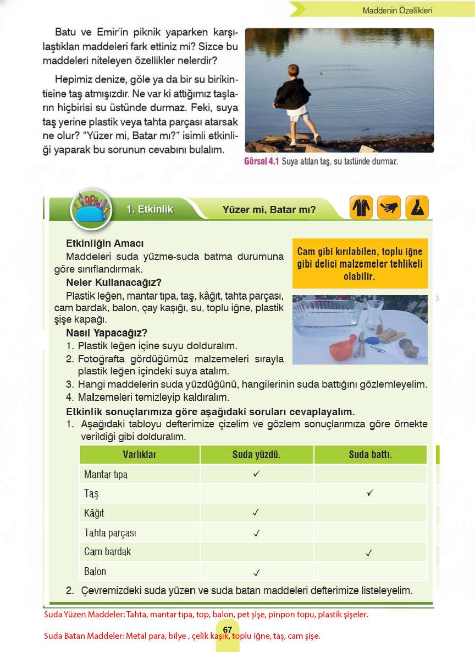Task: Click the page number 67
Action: point(228,630)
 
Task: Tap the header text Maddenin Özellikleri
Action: point(397,10)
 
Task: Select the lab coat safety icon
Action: point(361,208)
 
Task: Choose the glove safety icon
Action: point(389,208)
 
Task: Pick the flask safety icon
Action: point(417,208)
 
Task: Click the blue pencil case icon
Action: point(91,210)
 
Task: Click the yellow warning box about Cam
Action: point(360,264)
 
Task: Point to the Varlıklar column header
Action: point(139,454)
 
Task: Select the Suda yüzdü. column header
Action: point(256,454)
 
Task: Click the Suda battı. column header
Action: point(370,454)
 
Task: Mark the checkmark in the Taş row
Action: point(370,492)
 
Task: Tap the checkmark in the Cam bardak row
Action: point(369,552)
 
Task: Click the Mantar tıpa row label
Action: point(106,474)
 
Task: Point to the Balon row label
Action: point(95,571)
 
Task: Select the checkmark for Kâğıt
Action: point(256,513)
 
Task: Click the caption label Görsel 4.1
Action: point(262,162)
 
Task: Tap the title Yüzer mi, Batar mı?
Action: point(269,209)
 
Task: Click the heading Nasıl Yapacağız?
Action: point(107,333)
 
